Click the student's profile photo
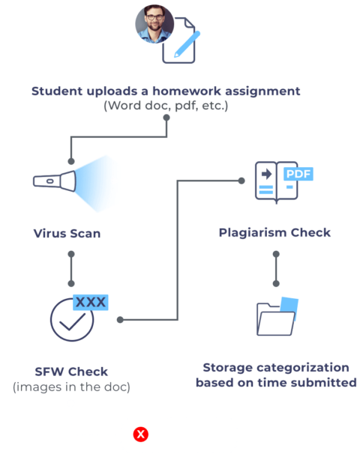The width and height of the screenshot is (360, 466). [154, 24]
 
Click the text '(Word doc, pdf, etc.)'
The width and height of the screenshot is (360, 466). [166, 106]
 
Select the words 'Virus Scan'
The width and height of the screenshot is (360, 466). [67, 233]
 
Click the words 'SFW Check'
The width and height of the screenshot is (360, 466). [71, 372]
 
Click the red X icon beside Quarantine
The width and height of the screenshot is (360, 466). [139, 435]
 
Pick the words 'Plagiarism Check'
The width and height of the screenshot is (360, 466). [274, 233]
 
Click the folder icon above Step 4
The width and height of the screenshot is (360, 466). [276, 317]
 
